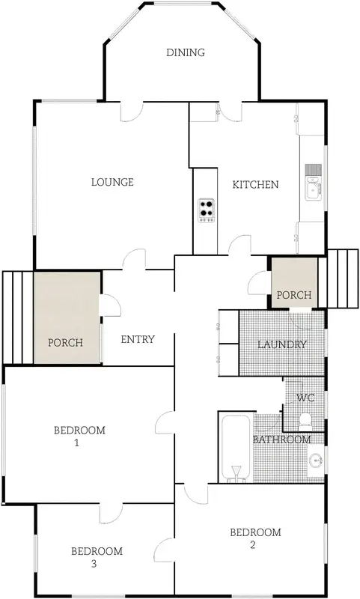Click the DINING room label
coord(185,52)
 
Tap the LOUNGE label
coord(112,182)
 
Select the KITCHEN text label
coord(255,185)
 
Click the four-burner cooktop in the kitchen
coord(207,210)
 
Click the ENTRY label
coord(138,339)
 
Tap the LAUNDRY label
coord(281,344)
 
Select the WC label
coord(305,397)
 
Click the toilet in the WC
coord(305,418)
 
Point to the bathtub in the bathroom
coord(236,450)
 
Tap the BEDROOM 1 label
coord(79,437)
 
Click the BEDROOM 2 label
coord(255,538)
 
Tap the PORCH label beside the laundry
coord(293,295)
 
